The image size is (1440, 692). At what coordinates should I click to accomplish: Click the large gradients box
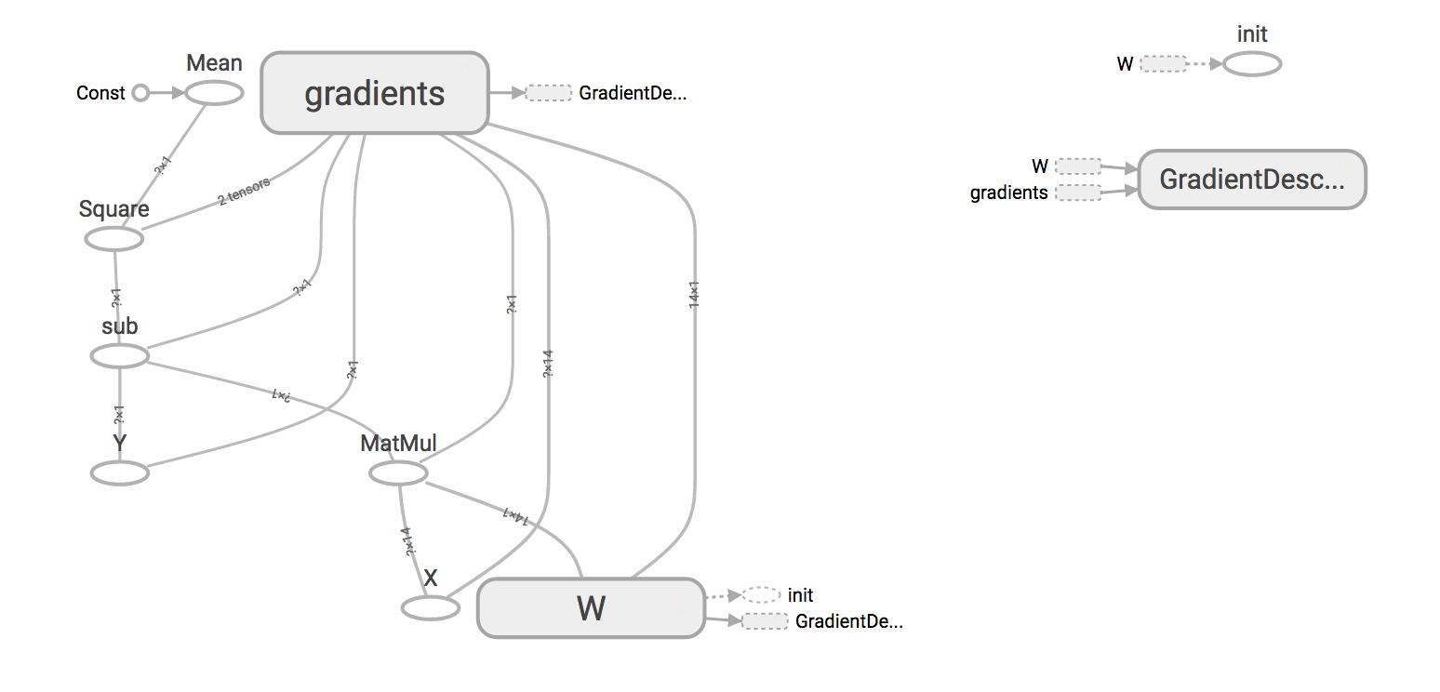[x=375, y=92]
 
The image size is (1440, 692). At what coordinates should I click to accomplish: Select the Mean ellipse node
[x=214, y=93]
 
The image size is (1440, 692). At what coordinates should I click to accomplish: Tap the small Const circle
[x=140, y=93]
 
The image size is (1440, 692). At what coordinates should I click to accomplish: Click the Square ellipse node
[x=114, y=239]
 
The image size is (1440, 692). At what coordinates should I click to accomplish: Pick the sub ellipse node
[x=120, y=355]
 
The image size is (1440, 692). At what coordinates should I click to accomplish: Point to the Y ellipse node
[x=120, y=473]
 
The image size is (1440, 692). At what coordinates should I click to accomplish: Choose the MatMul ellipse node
[x=398, y=473]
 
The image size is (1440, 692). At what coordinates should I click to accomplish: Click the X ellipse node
[x=430, y=608]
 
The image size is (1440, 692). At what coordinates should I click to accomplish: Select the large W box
[x=591, y=608]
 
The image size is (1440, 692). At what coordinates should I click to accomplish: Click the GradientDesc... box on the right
[x=1251, y=180]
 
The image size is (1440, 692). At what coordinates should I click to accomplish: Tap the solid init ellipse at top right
[x=1252, y=64]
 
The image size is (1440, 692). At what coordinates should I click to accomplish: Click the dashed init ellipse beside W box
[x=761, y=594]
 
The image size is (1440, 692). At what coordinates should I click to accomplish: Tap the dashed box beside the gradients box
[x=548, y=93]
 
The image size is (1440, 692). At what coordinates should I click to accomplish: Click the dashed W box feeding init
[x=1164, y=64]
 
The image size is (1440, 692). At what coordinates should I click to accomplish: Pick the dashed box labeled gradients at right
[x=1078, y=193]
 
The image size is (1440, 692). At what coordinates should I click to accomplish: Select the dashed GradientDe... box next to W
[x=765, y=620]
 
